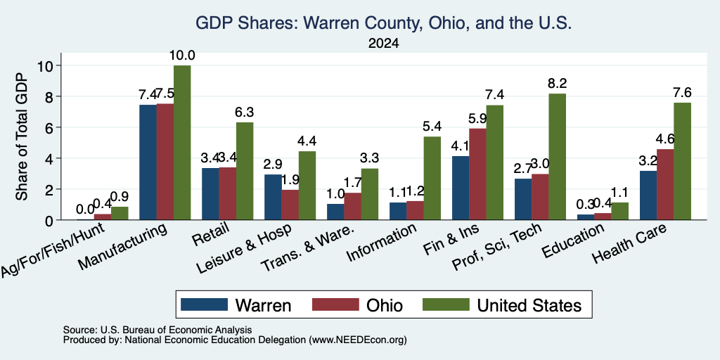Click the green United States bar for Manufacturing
click(x=182, y=143)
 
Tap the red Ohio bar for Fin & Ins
click(x=477, y=174)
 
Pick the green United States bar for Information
click(x=432, y=178)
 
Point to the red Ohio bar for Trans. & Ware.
click(x=353, y=207)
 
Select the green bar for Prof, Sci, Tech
click(x=558, y=157)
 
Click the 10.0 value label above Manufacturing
click(x=182, y=56)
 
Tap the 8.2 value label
click(x=558, y=84)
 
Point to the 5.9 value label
click(x=477, y=118)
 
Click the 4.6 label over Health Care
click(x=665, y=139)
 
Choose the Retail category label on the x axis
click(x=210, y=233)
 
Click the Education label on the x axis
click(x=572, y=240)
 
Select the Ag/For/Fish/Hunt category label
click(x=52, y=250)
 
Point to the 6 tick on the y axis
click(x=49, y=128)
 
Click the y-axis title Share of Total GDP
click(x=22, y=137)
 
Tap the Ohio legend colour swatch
click(x=335, y=304)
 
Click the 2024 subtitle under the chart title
click(x=383, y=44)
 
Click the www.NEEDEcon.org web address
click(x=358, y=340)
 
